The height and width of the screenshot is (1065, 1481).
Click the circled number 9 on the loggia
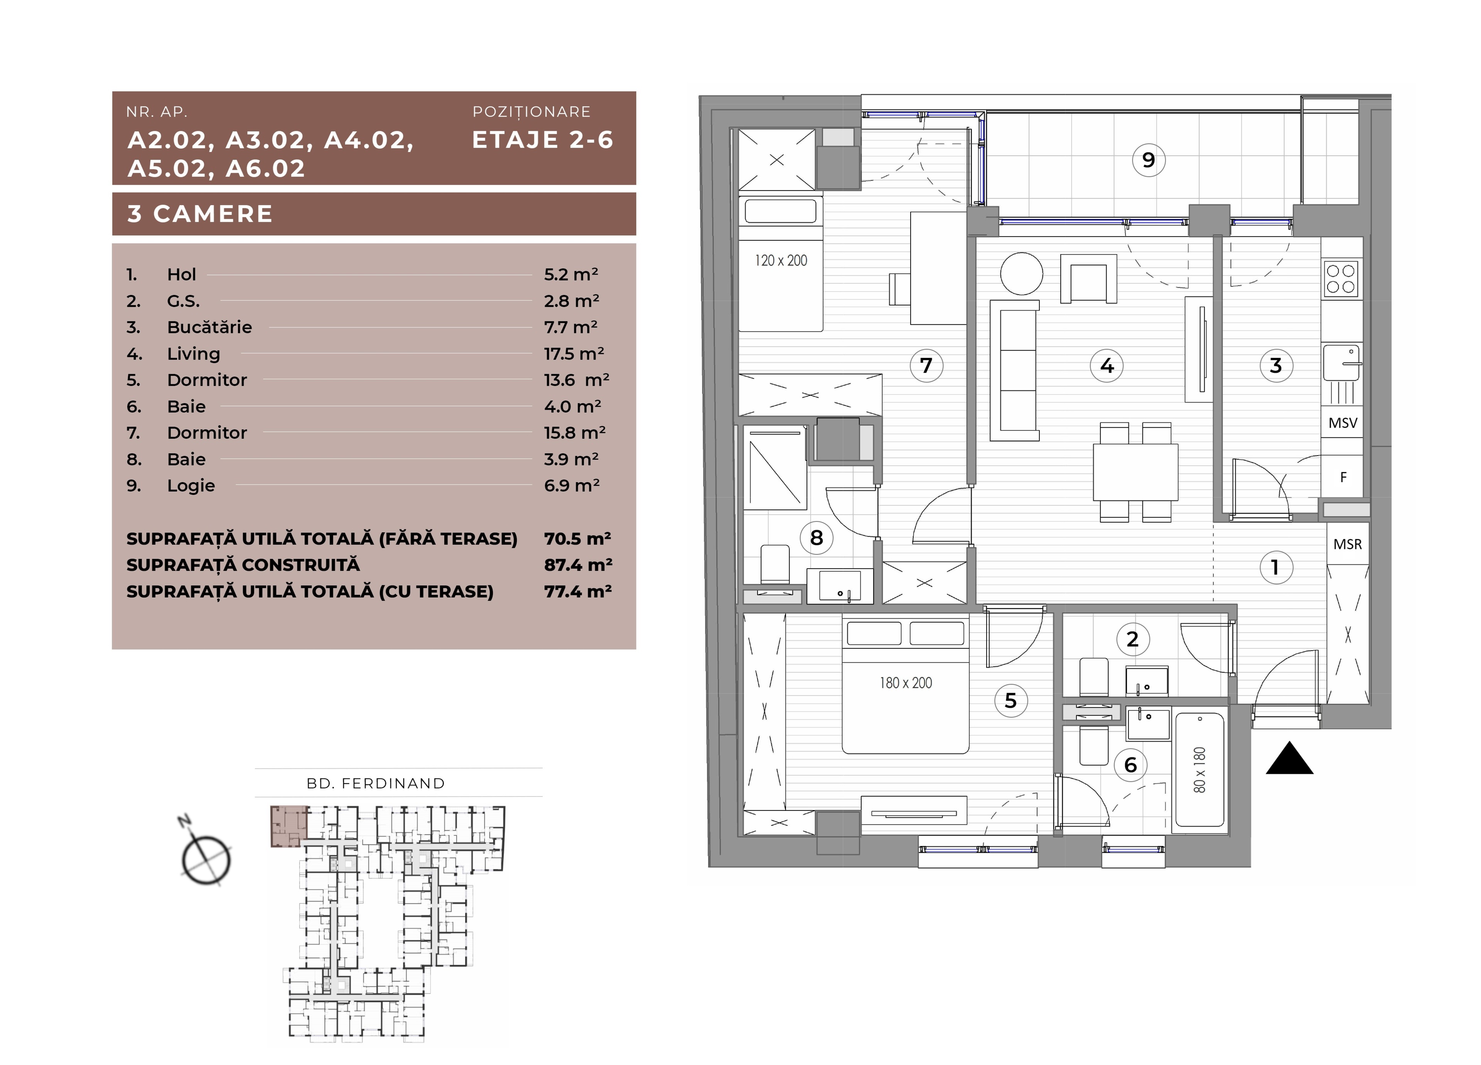pyautogui.click(x=1148, y=160)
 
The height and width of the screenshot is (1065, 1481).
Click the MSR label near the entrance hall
pyautogui.click(x=1347, y=544)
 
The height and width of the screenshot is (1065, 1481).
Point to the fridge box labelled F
pyautogui.click(x=1343, y=477)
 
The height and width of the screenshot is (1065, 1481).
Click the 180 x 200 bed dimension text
pyautogui.click(x=906, y=683)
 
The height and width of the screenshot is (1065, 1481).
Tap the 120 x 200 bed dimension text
pyautogui.click(x=781, y=260)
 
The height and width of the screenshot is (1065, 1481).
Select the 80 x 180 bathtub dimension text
pyautogui.click(x=1199, y=771)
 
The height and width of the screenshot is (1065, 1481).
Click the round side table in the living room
pyautogui.click(x=1021, y=273)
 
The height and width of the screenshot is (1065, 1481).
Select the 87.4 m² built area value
pyautogui.click(x=578, y=565)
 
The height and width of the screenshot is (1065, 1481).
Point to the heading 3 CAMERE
pyautogui.click(x=200, y=214)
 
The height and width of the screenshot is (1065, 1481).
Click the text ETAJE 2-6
pyautogui.click(x=543, y=140)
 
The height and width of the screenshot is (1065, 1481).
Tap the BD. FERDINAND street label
pyautogui.click(x=376, y=783)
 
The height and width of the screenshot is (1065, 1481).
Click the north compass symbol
pyautogui.click(x=205, y=856)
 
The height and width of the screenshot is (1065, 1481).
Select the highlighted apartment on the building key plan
pyautogui.click(x=288, y=826)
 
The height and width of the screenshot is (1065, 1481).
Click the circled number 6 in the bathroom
pyautogui.click(x=1130, y=765)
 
